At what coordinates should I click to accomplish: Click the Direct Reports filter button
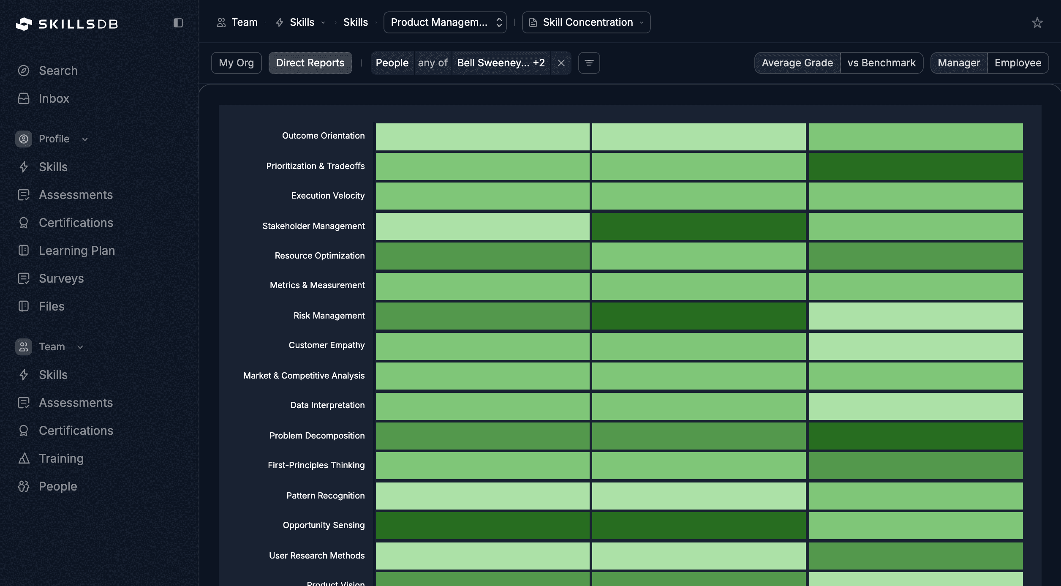pyautogui.click(x=310, y=63)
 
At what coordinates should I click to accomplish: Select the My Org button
pyautogui.click(x=236, y=63)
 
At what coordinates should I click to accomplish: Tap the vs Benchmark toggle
pyautogui.click(x=881, y=63)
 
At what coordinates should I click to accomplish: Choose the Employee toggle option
pyautogui.click(x=1017, y=63)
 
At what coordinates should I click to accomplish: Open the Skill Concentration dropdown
pyautogui.click(x=586, y=22)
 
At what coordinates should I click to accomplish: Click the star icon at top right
pyautogui.click(x=1037, y=22)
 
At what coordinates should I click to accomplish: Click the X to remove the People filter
pyautogui.click(x=561, y=63)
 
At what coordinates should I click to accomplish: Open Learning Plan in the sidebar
pyautogui.click(x=76, y=251)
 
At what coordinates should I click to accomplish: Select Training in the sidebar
pyautogui.click(x=61, y=458)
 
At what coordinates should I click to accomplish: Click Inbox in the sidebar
pyautogui.click(x=54, y=98)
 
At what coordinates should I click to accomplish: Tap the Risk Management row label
pyautogui.click(x=329, y=316)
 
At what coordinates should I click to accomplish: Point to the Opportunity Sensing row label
pyautogui.click(x=324, y=525)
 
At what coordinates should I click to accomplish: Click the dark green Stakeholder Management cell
pyautogui.click(x=699, y=226)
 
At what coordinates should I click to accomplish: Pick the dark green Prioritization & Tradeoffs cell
pyautogui.click(x=916, y=166)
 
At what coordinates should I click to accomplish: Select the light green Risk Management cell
pyautogui.click(x=916, y=316)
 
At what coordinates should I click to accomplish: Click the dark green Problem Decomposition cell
pyautogui.click(x=916, y=436)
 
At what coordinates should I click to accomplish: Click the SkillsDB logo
pyautogui.click(x=67, y=24)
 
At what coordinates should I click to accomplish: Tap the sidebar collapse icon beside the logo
pyautogui.click(x=178, y=23)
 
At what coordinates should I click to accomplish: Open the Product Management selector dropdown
pyautogui.click(x=445, y=22)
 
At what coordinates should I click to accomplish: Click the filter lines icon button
pyautogui.click(x=589, y=63)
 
